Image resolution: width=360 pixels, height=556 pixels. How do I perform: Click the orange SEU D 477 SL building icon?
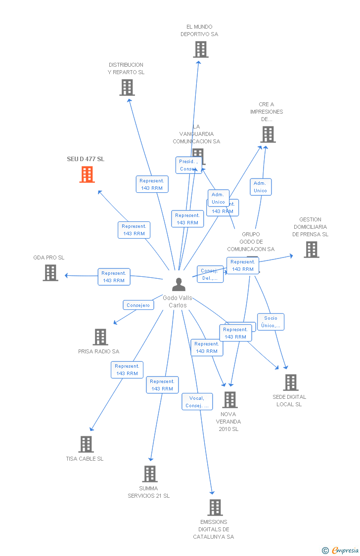[87, 174]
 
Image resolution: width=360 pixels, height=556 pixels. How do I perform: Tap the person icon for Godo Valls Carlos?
[179, 285]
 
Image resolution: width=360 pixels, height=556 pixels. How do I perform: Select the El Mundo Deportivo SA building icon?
[200, 49]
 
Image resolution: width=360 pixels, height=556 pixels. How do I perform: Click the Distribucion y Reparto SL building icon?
[127, 87]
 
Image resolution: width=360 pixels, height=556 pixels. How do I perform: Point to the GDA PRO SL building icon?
[50, 273]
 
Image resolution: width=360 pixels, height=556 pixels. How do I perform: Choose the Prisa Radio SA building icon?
[100, 337]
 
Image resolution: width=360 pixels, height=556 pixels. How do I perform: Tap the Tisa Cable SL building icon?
[86, 444]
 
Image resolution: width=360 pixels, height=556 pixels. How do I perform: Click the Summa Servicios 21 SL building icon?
[149, 474]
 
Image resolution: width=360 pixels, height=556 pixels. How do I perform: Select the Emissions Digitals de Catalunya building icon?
[215, 508]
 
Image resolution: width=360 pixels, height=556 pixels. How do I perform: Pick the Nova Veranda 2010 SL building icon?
[229, 400]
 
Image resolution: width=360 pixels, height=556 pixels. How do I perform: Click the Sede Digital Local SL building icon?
[290, 383]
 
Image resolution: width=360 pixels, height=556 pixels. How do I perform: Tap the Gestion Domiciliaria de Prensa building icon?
[311, 250]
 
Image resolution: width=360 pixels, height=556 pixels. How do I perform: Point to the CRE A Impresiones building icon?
[268, 134]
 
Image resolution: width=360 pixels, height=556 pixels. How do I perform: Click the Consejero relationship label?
[138, 305]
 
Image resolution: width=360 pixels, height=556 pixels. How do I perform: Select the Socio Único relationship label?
[270, 322]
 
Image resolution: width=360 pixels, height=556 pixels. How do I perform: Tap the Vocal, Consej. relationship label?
[197, 402]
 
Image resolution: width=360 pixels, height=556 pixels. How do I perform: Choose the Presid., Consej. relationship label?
[188, 165]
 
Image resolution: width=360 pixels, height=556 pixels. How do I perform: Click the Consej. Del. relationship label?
[210, 274]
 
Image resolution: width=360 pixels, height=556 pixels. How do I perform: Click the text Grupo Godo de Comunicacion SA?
[250, 242]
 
